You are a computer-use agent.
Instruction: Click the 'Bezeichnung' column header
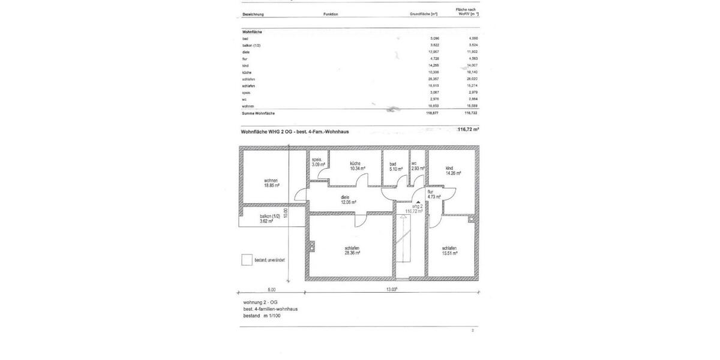coord(253,14)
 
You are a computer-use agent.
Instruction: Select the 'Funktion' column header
coord(331,14)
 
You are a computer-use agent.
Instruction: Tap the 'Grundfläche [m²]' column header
coord(424,14)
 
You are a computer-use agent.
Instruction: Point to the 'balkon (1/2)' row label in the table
coord(251,46)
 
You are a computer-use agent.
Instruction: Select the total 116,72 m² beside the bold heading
coord(468,130)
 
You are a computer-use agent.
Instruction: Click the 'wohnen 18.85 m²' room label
coord(271,183)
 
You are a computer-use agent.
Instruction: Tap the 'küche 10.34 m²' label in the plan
coord(355,166)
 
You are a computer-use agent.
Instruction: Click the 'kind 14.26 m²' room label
coord(453,170)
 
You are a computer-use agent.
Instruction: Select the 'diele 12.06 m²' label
coord(349,199)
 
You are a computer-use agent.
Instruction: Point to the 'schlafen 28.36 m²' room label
coord(352,251)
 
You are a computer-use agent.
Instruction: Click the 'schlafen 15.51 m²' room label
coord(449,251)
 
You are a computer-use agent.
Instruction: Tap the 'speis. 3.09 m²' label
coord(318,161)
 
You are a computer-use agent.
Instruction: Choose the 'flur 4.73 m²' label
coord(434,194)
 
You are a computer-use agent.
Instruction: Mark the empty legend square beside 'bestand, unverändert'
coord(246,260)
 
